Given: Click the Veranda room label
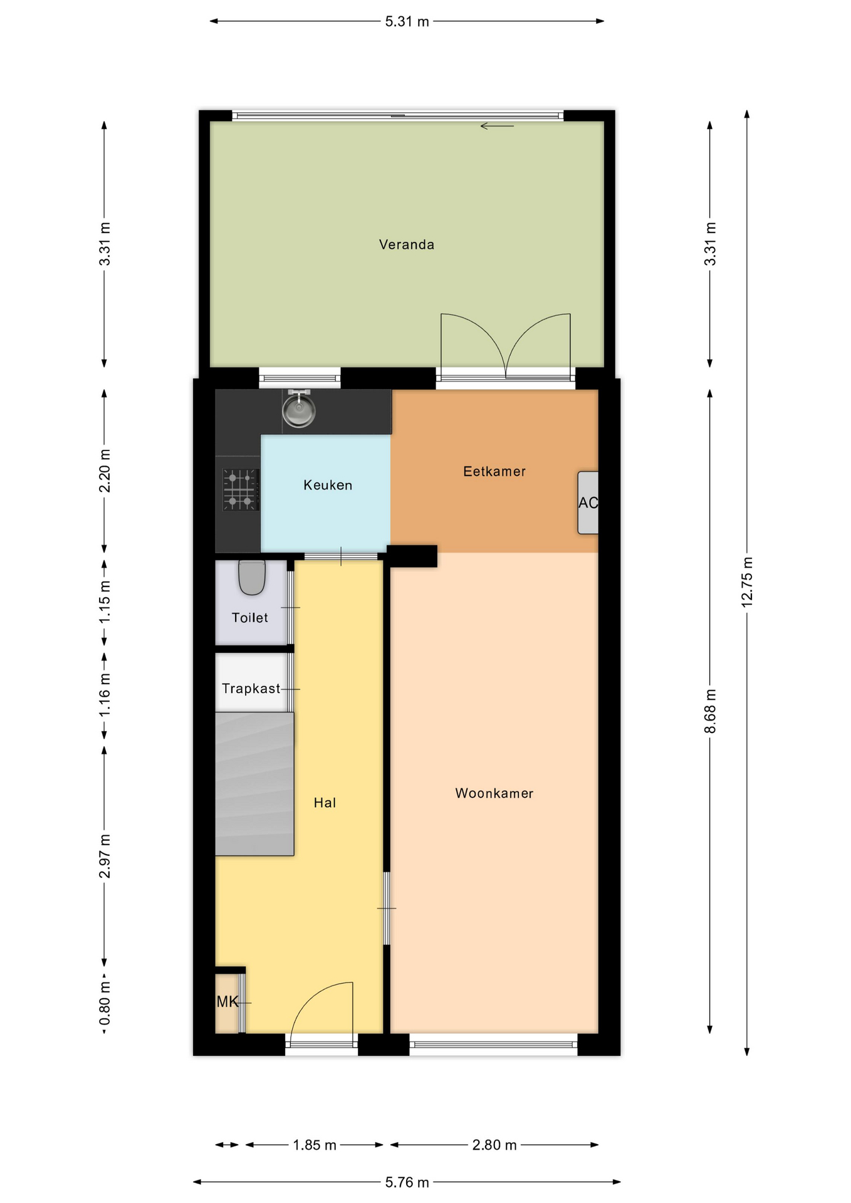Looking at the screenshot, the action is pyautogui.click(x=406, y=244).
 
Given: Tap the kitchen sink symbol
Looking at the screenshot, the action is pyautogui.click(x=299, y=409).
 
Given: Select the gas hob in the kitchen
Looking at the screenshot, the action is pyautogui.click(x=241, y=489).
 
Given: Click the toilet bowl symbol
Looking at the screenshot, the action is pyautogui.click(x=252, y=577).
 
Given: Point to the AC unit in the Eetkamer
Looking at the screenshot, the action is pyautogui.click(x=588, y=503).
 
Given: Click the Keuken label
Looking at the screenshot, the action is pyautogui.click(x=328, y=485).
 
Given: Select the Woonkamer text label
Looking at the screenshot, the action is pyautogui.click(x=494, y=793).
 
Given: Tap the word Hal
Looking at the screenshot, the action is pyautogui.click(x=325, y=803).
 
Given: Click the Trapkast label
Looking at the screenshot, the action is pyautogui.click(x=251, y=689).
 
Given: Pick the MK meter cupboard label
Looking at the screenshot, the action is pyautogui.click(x=227, y=1002).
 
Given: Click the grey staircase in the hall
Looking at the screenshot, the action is pyautogui.click(x=254, y=784).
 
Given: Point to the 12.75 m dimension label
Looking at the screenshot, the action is pyautogui.click(x=746, y=582).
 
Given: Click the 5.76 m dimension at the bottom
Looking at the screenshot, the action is pyautogui.click(x=407, y=1182).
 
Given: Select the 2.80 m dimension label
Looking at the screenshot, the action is pyautogui.click(x=494, y=1145).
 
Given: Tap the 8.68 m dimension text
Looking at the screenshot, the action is pyautogui.click(x=709, y=711).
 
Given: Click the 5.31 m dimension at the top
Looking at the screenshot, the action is pyautogui.click(x=407, y=21).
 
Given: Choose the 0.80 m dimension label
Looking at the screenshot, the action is pyautogui.click(x=105, y=1003).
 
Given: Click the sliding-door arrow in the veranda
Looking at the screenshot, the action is pyautogui.click(x=497, y=126).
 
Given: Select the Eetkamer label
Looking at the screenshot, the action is pyautogui.click(x=494, y=471).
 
